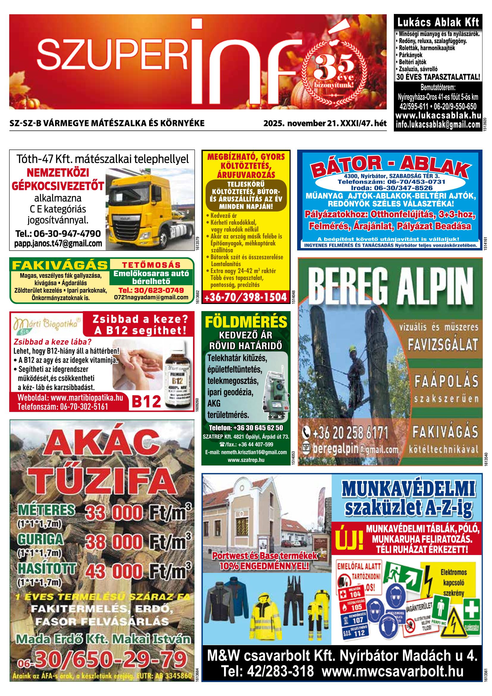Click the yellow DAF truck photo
(x=150, y=209)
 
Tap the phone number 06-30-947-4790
(x=58, y=233)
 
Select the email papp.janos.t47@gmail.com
(x=58, y=243)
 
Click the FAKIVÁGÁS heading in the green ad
(x=60, y=265)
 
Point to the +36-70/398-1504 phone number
(x=245, y=297)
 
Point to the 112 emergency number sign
(x=356, y=633)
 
